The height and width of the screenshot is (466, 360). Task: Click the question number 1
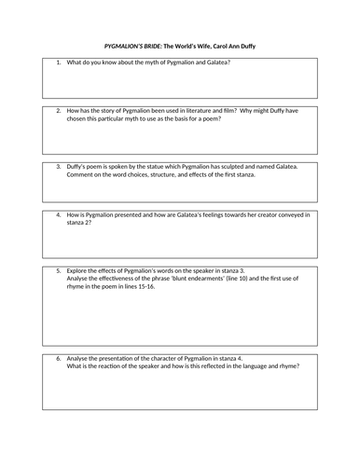[58, 62]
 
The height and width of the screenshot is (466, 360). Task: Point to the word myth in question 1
[160, 62]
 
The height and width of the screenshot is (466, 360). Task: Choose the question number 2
[58, 111]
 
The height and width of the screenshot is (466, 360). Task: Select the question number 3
[58, 167]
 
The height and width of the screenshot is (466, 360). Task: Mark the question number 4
[58, 215]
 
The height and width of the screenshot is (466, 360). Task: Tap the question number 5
[58, 271]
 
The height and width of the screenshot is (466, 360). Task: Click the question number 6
[58, 358]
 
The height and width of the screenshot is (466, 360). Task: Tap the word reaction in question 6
[105, 365]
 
